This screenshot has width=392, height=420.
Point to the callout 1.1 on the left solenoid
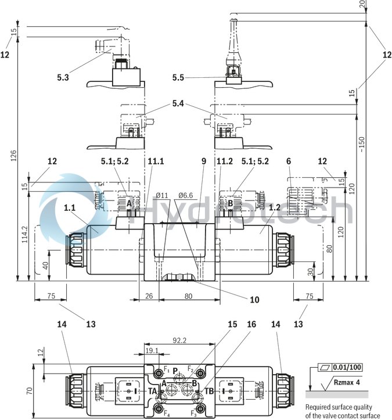(x=70, y=207)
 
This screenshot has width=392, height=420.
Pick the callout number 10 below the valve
(x=254, y=300)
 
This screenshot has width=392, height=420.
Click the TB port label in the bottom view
(x=209, y=392)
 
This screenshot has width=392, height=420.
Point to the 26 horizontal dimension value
(x=149, y=296)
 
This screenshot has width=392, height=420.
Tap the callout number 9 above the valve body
(x=204, y=162)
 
